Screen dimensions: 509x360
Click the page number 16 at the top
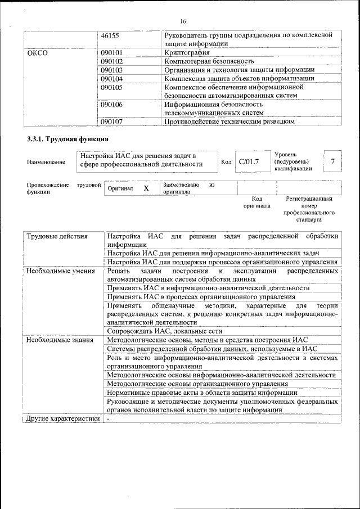click(x=183, y=21)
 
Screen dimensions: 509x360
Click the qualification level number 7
click(x=333, y=162)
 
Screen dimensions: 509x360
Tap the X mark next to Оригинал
click(x=146, y=188)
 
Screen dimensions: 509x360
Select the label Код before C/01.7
click(x=226, y=163)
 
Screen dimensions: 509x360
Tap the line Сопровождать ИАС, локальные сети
click(x=164, y=331)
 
